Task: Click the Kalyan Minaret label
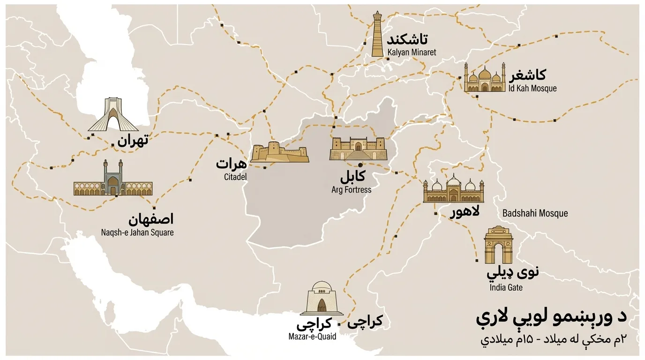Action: click(x=412, y=52)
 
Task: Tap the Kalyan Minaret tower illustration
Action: click(x=377, y=35)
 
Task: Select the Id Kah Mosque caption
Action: click(x=532, y=88)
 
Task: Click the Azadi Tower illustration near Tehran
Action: click(x=113, y=115)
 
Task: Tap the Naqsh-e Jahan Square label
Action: click(x=137, y=232)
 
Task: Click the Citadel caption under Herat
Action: click(x=235, y=177)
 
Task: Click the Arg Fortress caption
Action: click(x=351, y=190)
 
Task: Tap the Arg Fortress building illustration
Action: click(x=358, y=149)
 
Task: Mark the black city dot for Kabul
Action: click(x=360, y=165)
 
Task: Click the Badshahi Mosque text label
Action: click(x=535, y=213)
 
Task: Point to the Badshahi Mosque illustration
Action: click(x=453, y=189)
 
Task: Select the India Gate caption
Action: click(x=506, y=287)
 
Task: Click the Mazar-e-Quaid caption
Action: click(x=312, y=337)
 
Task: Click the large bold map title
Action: click(x=551, y=319)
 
